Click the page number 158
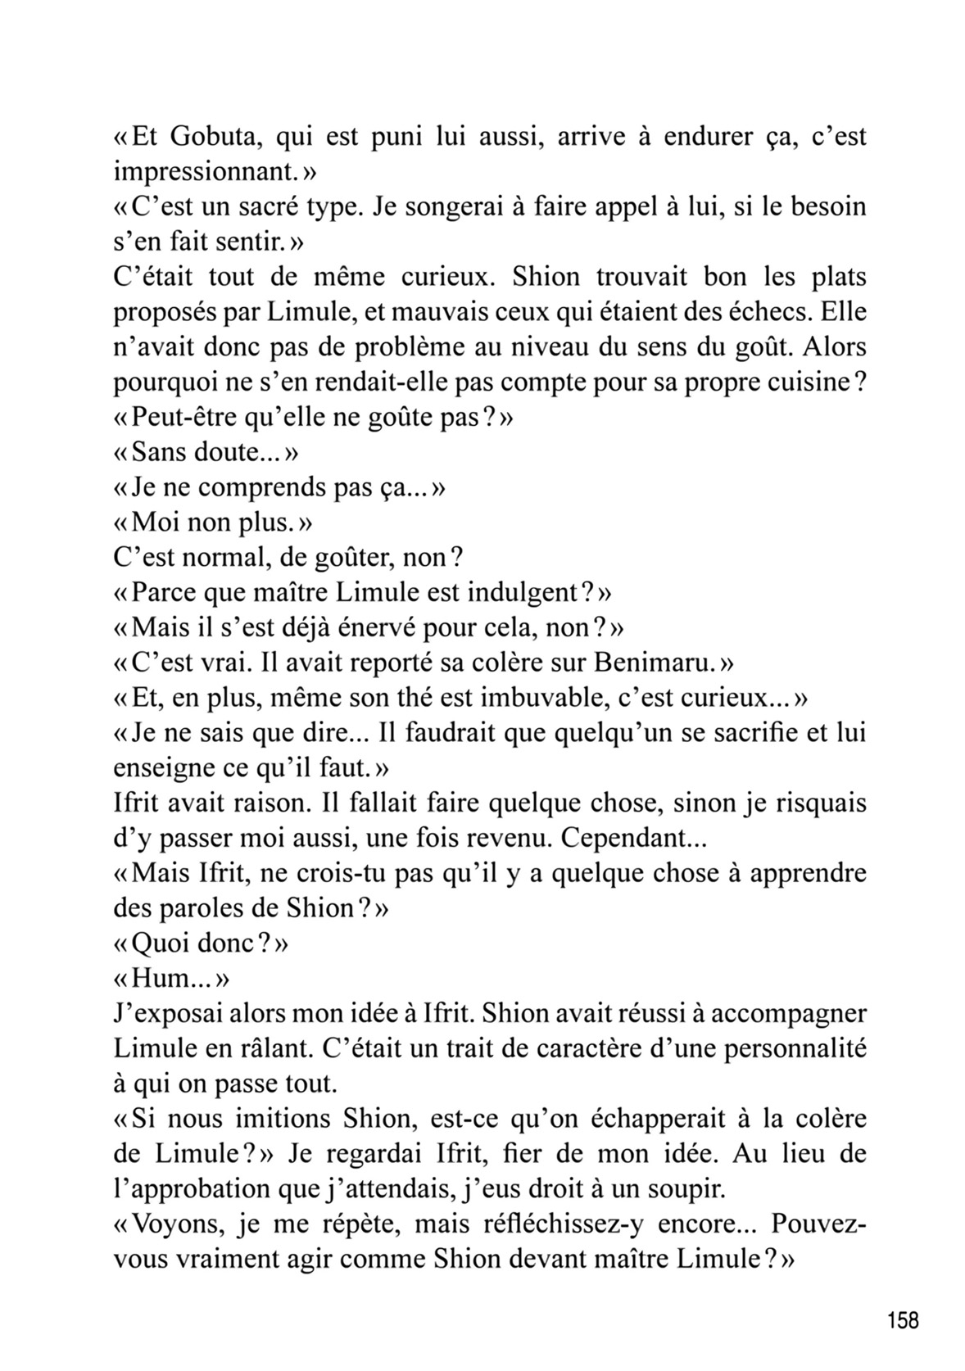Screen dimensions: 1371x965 902,1321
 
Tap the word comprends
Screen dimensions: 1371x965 263,488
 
